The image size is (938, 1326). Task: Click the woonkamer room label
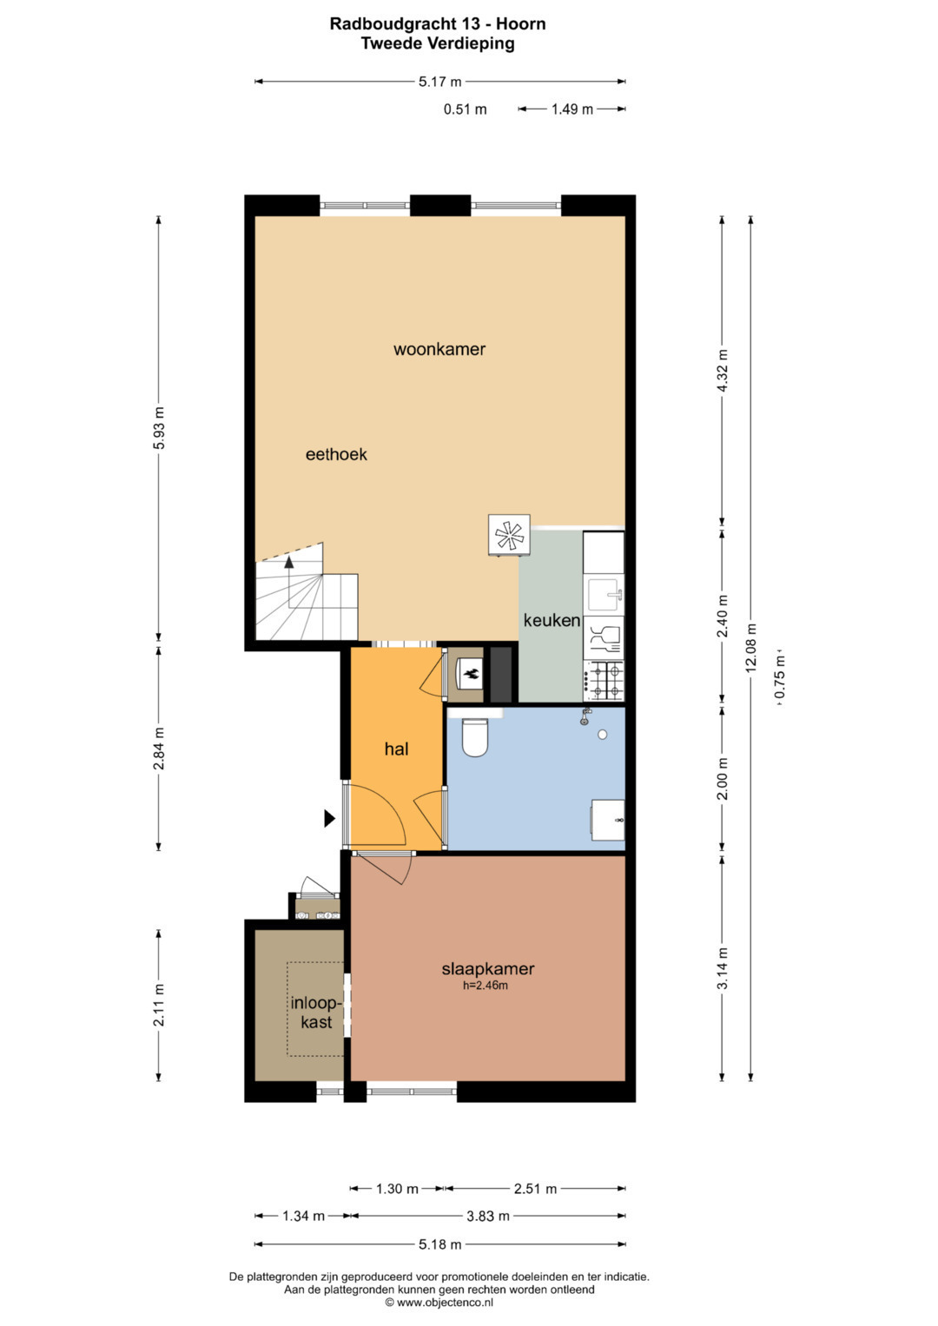click(439, 349)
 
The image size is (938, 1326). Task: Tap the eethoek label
click(336, 454)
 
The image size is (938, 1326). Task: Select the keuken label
click(552, 620)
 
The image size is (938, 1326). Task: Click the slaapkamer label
click(488, 968)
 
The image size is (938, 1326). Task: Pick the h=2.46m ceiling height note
click(486, 985)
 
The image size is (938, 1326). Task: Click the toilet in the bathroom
click(474, 737)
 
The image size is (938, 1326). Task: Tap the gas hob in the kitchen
click(604, 682)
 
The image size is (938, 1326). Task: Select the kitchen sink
click(604, 594)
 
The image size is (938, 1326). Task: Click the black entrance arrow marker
click(329, 819)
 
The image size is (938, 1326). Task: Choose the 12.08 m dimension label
click(751, 648)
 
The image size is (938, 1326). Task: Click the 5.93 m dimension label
click(159, 428)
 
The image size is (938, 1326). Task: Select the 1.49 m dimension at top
click(572, 109)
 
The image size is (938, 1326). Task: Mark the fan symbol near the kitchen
click(509, 535)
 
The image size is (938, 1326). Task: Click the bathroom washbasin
click(607, 819)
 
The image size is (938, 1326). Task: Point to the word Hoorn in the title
click(521, 24)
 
